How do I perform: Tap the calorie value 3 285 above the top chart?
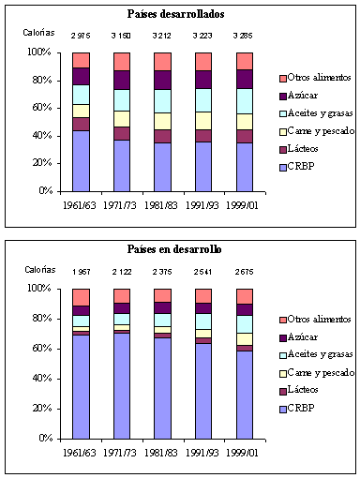pos(245,37)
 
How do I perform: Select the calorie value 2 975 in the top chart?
pos(82,37)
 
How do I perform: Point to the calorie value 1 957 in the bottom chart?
pos(82,274)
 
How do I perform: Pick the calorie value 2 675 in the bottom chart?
pos(245,274)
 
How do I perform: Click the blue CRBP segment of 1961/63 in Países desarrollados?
pos(82,160)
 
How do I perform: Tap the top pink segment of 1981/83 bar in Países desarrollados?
pos(163,61)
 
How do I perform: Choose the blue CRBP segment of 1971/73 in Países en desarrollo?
pos(122,385)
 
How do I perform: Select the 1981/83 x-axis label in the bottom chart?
pos(163,451)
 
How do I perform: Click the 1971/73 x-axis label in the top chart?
pos(122,203)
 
